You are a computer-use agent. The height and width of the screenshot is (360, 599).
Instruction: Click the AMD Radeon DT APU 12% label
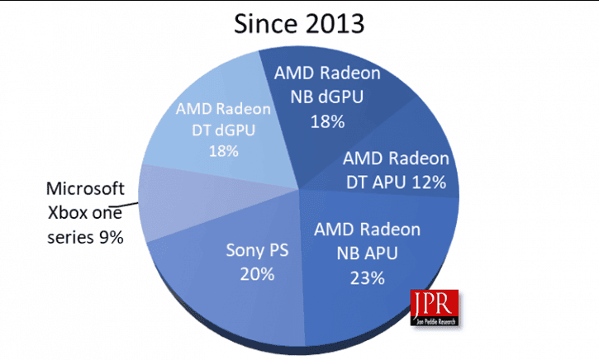tap(396, 169)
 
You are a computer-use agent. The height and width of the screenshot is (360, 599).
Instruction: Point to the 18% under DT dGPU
tap(224, 151)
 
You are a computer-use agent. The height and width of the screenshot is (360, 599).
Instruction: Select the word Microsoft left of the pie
tap(85, 187)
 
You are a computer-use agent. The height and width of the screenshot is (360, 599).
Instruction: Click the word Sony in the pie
tap(240, 250)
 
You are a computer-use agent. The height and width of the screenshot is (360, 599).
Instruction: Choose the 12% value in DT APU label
tap(431, 181)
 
